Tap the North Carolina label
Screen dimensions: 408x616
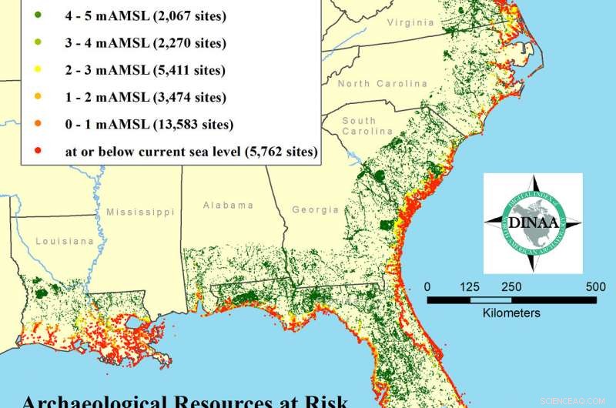tap(381, 83)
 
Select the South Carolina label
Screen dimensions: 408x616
tap(359, 126)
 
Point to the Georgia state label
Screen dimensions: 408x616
tap(316, 209)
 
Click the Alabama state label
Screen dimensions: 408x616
tap(228, 206)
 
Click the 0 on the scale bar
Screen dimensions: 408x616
tap(428, 286)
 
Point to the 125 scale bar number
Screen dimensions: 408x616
tap(470, 286)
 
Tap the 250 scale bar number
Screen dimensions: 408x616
tap(511, 286)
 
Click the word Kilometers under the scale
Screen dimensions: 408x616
tap(511, 313)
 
